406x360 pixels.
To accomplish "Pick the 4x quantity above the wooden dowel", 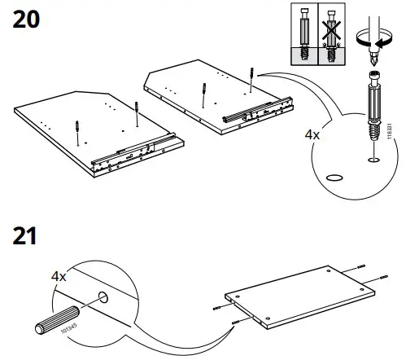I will pyautogui.click(x=59, y=277).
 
